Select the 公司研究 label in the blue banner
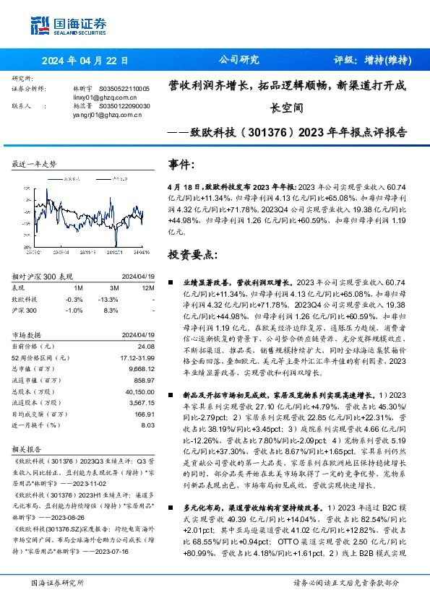[x=238, y=61]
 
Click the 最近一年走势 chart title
[x=35, y=165]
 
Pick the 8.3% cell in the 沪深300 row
[x=111, y=309]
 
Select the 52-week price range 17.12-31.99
[x=133, y=357]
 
